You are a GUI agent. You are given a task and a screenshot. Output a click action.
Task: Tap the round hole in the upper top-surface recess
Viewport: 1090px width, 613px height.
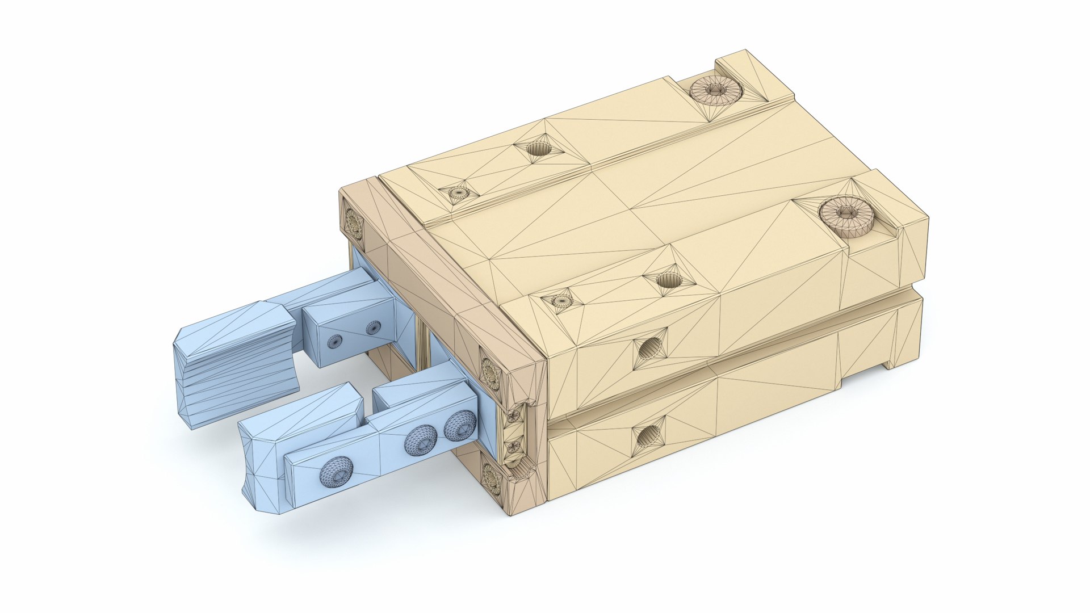[x=538, y=149]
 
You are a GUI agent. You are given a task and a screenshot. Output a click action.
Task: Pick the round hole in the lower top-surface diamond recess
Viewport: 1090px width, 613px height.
[x=668, y=280]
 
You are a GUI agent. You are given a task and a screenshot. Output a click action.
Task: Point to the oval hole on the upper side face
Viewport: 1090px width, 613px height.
[x=649, y=348]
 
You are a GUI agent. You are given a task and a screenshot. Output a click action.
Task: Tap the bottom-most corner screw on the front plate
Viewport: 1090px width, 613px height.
[x=492, y=478]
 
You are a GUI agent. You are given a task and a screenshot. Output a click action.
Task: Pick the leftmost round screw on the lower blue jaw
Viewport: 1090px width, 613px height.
[x=336, y=471]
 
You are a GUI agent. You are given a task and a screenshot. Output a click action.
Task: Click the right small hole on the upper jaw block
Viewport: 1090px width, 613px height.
[x=373, y=327]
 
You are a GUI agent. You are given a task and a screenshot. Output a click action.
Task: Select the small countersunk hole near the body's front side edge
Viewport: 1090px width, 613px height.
[x=562, y=301]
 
